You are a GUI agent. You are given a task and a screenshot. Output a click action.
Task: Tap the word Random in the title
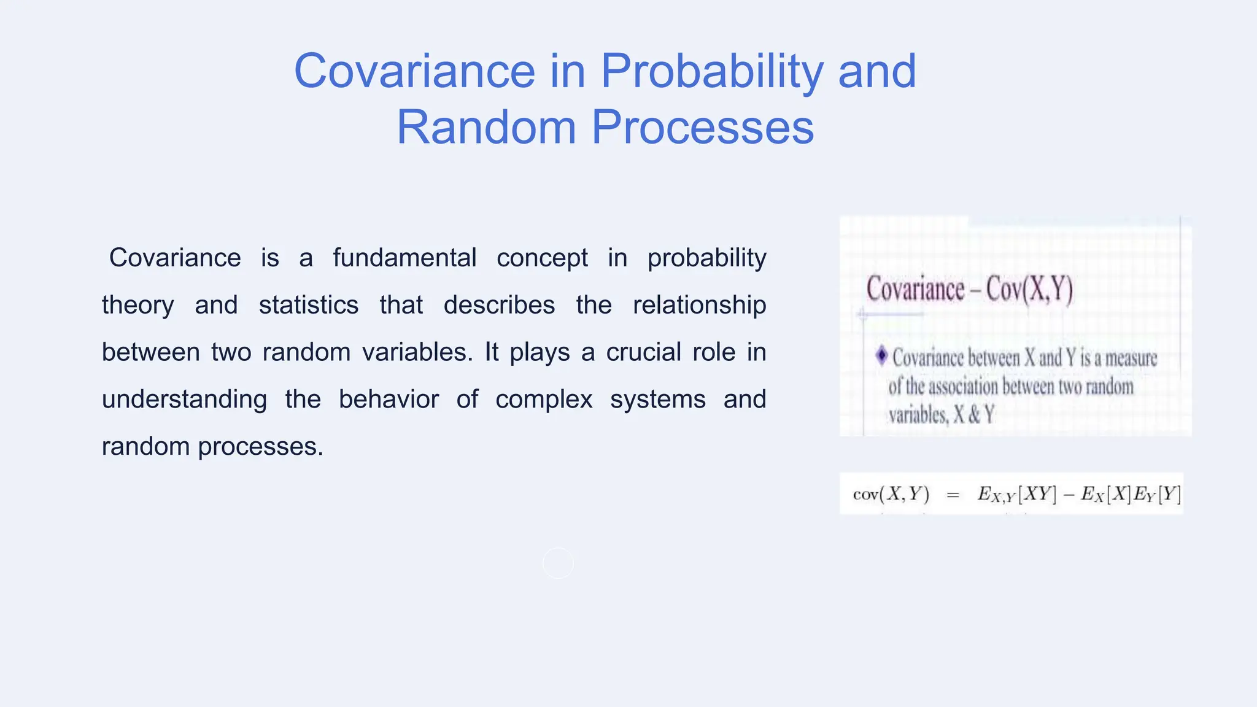486,128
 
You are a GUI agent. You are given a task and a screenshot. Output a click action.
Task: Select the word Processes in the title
702,128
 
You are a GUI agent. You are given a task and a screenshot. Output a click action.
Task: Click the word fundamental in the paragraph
404,258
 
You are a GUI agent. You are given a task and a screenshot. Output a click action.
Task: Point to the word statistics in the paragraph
308,305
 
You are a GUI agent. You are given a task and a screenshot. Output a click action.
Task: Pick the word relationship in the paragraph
699,305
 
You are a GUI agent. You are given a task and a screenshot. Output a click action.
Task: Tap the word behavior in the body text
389,400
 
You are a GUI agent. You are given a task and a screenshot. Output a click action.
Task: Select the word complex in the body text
544,400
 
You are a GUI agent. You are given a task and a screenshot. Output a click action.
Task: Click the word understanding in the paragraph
184,400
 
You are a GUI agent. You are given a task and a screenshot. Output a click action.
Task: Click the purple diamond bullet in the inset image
881,355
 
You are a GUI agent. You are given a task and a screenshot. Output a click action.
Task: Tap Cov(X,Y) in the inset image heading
1029,289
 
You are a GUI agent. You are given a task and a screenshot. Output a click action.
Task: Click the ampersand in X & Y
973,415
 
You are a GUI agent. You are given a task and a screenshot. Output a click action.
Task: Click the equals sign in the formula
953,495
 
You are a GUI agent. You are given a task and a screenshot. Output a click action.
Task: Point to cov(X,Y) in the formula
891,494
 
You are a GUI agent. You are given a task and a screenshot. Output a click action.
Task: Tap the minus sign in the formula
1069,495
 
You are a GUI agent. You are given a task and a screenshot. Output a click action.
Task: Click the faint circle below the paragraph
558,563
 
